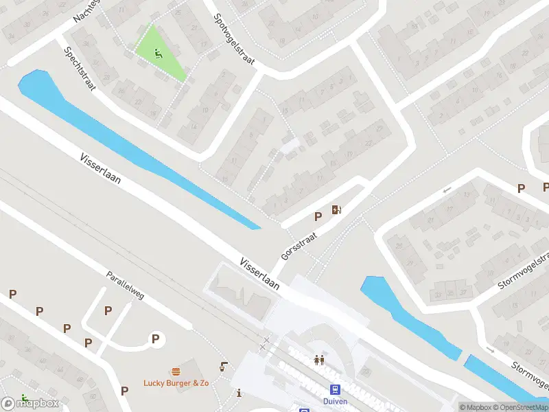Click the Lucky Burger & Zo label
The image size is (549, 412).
pos(176,382)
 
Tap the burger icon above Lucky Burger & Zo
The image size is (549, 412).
pos(176,371)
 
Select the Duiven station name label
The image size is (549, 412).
pos(336,401)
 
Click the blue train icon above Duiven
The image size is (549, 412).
pos(336,389)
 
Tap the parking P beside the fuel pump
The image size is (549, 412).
pos(318,216)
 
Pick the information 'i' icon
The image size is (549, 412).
pos(238,393)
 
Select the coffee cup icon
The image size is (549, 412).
pos(224,365)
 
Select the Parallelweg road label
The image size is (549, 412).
pos(125,285)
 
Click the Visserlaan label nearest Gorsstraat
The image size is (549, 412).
pos(259,273)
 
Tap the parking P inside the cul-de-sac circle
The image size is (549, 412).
pos(156,338)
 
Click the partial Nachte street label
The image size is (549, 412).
pos(86,12)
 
